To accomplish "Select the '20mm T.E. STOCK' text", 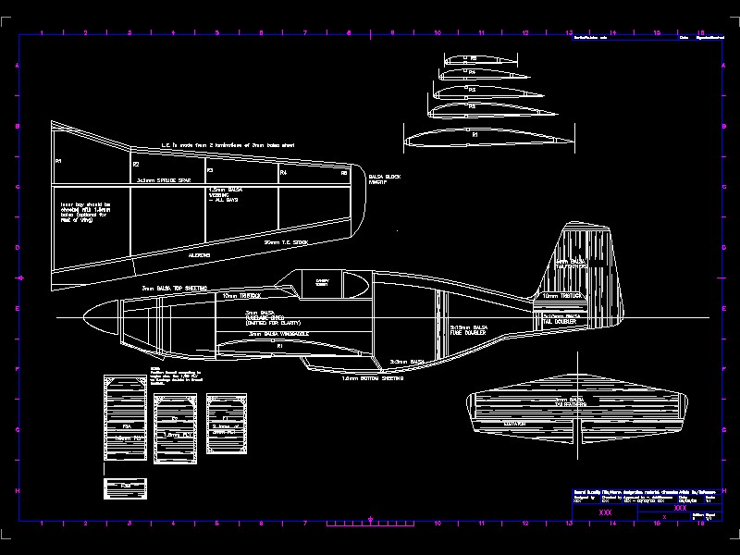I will click(286, 241).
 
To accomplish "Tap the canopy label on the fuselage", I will click(323, 282).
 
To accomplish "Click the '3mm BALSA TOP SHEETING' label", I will click(174, 288).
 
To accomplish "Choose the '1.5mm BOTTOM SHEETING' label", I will click(371, 378).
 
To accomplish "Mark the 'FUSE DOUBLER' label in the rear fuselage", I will click(469, 333).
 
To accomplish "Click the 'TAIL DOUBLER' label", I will click(560, 322).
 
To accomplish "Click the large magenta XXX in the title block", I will click(606, 512).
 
